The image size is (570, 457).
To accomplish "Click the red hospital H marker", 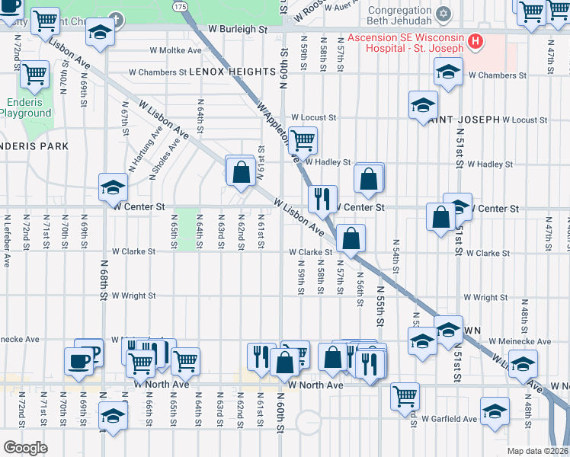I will (476, 40).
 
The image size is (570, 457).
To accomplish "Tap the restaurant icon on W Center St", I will (322, 199).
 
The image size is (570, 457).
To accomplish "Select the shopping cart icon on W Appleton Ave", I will (303, 139).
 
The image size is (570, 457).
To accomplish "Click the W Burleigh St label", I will (239, 29).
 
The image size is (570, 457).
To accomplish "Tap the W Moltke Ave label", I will (175, 50).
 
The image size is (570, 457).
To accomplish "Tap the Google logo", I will (24, 447).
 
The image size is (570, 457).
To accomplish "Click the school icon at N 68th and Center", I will (113, 186).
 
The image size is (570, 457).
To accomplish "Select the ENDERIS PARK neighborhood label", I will (34, 145).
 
